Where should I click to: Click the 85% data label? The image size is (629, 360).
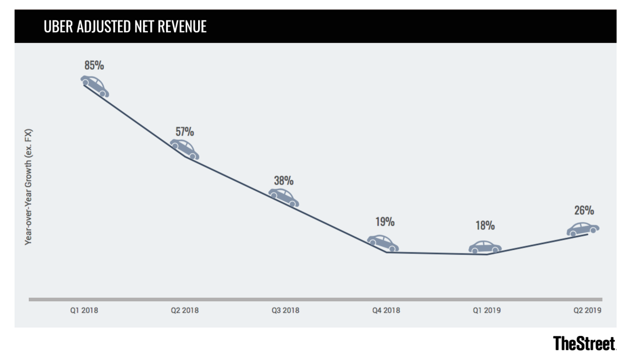tap(94, 66)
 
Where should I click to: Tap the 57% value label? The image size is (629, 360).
tap(185, 131)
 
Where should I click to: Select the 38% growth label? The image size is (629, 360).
tap(284, 181)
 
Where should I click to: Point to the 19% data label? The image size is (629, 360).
tap(384, 222)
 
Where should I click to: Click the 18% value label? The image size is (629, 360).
tap(485, 225)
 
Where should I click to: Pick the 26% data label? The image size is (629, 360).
tap(583, 211)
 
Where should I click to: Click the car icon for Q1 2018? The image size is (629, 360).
tap(95, 86)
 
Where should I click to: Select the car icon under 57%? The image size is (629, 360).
tap(185, 149)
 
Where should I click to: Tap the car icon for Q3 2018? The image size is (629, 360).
tap(284, 197)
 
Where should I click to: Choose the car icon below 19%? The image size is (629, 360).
tap(383, 243)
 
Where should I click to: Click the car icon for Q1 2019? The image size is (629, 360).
tap(485, 247)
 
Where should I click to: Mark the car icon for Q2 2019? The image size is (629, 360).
tap(582, 230)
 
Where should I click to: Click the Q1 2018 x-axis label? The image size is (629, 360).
tap(84, 310)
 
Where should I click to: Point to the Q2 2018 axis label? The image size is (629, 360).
tap(185, 310)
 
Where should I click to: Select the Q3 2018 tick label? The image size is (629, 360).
tap(285, 310)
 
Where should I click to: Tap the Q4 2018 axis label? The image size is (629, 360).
tap(386, 310)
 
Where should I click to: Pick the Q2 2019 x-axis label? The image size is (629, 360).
tap(587, 310)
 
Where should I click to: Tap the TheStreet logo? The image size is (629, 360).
tap(584, 344)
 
